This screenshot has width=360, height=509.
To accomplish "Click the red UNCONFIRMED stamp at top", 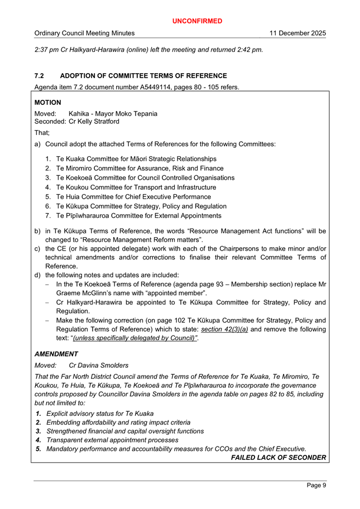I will coord(197,21).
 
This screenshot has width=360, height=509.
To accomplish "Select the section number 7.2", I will coord(40,76).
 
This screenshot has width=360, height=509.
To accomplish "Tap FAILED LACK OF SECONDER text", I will coord(278,458).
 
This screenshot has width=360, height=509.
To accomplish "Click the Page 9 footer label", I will coord(316,486).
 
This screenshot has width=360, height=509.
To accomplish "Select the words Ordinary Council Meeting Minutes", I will coord(89,33).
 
